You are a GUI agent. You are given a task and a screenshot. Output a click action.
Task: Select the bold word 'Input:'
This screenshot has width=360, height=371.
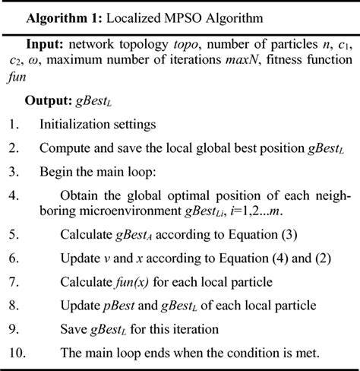click(46, 46)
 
